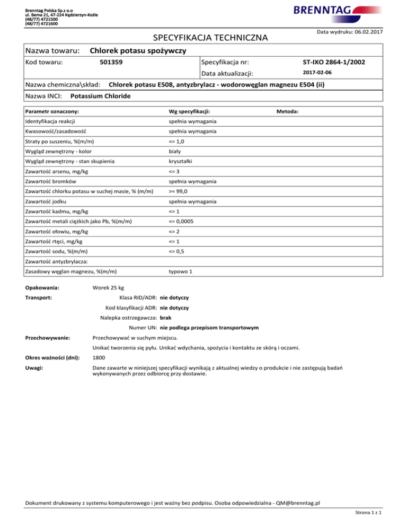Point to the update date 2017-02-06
tap(317, 73)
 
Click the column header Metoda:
tap(288, 112)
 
